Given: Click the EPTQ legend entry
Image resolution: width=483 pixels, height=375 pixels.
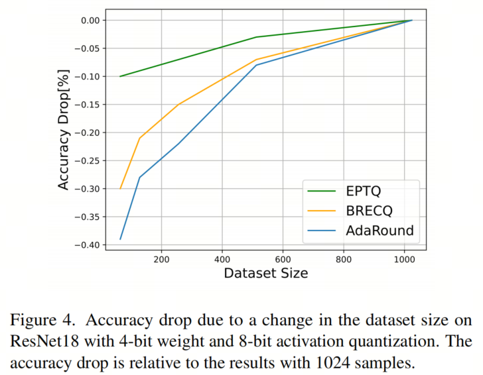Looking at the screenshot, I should (364, 191).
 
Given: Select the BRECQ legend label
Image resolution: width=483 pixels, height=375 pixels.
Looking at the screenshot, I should (370, 211).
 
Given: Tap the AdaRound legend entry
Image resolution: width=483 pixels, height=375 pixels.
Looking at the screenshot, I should (378, 231).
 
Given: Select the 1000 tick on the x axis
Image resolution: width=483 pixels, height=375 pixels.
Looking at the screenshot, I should (404, 260).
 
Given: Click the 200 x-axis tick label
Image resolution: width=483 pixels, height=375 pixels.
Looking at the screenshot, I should (161, 260).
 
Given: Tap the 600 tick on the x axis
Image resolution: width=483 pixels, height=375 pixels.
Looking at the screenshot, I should (283, 260).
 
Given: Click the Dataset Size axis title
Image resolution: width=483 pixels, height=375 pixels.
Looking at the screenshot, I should (265, 273).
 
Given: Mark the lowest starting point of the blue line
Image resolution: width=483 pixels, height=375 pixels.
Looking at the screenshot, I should (120, 239).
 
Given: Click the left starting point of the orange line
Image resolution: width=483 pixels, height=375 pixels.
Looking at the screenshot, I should (120, 188).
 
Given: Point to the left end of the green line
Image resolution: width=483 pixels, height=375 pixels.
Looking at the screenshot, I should (120, 76).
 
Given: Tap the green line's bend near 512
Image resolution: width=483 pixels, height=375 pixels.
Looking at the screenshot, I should (256, 37).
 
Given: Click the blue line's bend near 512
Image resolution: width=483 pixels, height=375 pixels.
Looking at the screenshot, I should (256, 65).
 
